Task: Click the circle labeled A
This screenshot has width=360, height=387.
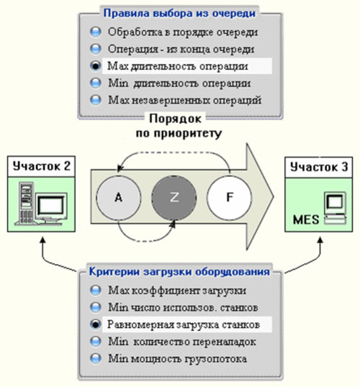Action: (119, 197)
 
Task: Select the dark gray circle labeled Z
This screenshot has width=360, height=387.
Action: (174, 197)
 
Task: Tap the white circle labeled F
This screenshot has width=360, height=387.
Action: (230, 197)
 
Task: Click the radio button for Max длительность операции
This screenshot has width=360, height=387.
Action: (95, 66)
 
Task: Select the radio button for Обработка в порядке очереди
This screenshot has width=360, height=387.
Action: (95, 32)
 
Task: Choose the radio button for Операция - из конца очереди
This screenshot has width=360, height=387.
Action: (95, 49)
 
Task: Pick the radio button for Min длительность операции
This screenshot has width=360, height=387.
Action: (95, 83)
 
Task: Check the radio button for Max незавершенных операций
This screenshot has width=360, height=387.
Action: (95, 100)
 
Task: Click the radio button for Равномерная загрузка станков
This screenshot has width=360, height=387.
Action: (95, 324)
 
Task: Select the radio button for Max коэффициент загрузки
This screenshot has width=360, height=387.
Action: (95, 291)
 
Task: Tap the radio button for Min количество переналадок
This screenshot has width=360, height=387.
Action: (95, 342)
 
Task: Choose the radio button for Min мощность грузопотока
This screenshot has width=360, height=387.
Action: (95, 358)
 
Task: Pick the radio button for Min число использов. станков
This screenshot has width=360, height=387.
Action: (95, 307)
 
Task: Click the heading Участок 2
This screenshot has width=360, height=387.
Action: (42, 166)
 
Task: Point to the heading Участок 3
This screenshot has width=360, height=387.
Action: (319, 167)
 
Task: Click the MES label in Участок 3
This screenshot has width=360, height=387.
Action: (306, 219)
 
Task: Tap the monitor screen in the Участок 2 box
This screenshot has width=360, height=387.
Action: (51, 206)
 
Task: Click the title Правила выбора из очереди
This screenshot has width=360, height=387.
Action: (179, 13)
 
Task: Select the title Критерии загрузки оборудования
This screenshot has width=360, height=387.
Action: (179, 271)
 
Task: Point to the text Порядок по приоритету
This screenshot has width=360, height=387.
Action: (179, 126)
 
